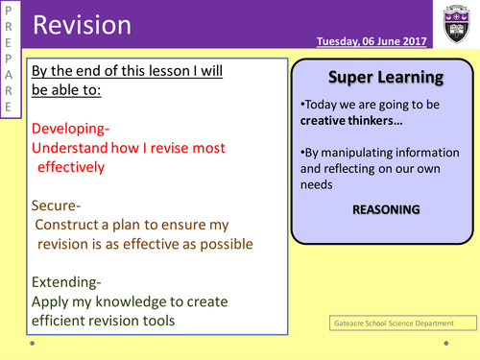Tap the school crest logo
[455, 22]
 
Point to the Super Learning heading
[385, 76]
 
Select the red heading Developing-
[78, 128]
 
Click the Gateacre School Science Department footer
[391, 324]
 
